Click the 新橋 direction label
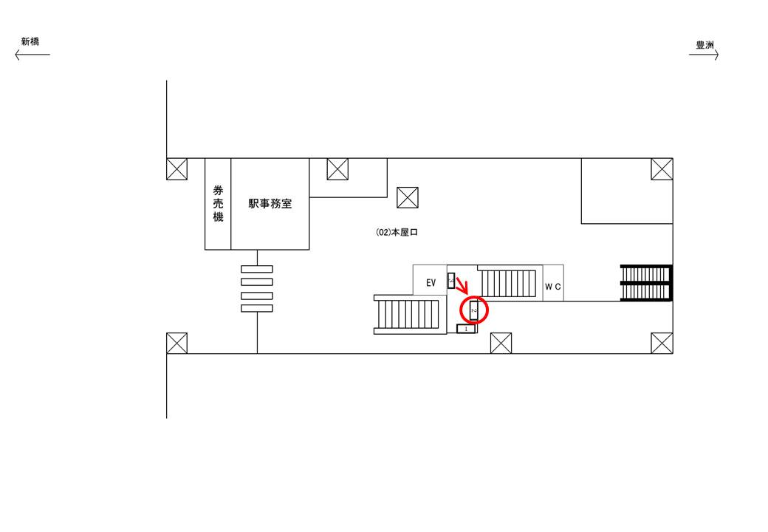click(x=30, y=41)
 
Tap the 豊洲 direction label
click(x=705, y=44)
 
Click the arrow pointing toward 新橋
click(x=32, y=55)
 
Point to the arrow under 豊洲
click(x=704, y=55)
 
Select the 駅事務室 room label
click(x=270, y=204)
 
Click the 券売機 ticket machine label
click(x=218, y=204)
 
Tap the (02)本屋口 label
click(x=397, y=232)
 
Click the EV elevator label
click(x=431, y=283)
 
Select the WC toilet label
click(x=553, y=286)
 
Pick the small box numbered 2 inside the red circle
click(x=474, y=311)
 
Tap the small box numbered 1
click(x=466, y=329)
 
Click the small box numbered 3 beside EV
click(x=451, y=281)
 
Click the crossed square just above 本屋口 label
click(x=408, y=197)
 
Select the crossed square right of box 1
click(x=501, y=343)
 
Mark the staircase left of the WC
click(x=508, y=283)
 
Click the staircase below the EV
click(x=409, y=315)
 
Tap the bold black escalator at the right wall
click(x=647, y=283)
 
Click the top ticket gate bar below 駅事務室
click(x=257, y=268)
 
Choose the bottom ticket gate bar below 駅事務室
click(x=257, y=309)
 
